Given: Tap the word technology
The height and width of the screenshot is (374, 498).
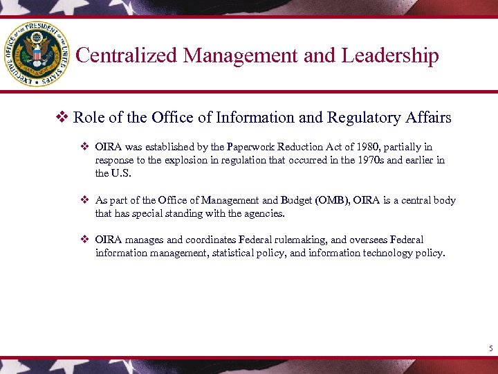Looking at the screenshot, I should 394,253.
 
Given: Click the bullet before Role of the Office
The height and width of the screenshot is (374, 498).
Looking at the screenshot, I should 63,118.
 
